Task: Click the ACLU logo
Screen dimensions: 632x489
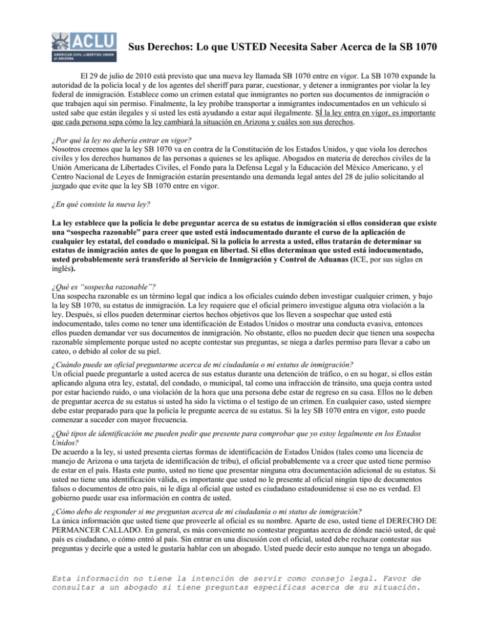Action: [x=83, y=46]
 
